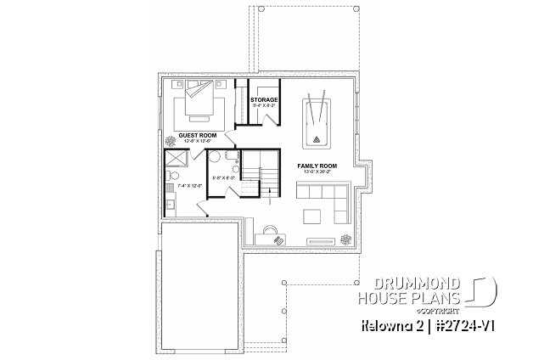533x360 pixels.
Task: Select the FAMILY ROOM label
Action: coord(317,166)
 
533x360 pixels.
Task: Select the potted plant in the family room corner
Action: coord(346,239)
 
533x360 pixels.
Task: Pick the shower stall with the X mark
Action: coord(177,161)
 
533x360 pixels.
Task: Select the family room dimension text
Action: coord(317,172)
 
